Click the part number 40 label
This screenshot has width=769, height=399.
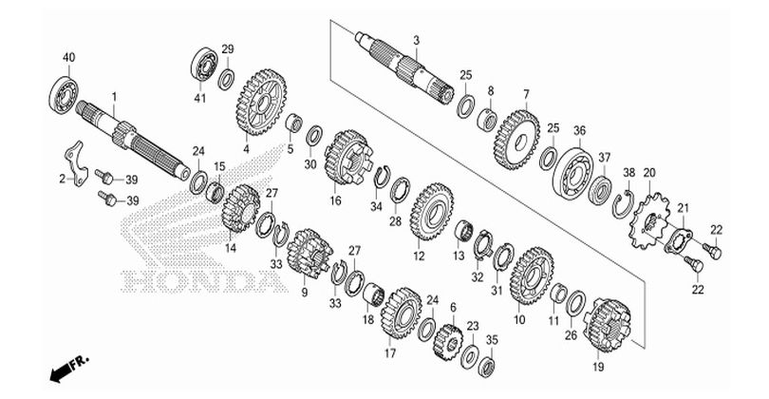click(68, 57)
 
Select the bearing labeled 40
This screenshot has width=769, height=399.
click(64, 95)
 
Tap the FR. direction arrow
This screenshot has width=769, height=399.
click(69, 368)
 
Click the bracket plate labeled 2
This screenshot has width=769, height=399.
click(76, 163)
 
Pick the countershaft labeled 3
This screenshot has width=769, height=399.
click(404, 68)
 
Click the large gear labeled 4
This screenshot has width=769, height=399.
click(261, 102)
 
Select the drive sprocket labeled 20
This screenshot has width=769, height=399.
click(647, 221)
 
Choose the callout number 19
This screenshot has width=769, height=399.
click(598, 367)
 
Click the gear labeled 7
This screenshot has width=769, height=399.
click(516, 140)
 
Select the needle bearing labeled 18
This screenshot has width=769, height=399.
click(374, 294)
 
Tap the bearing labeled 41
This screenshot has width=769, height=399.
click(204, 65)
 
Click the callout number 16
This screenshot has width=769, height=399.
click(335, 200)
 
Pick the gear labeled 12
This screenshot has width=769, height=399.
click(432, 212)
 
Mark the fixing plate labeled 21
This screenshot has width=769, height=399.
click(678, 241)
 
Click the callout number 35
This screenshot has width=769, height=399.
click(492, 339)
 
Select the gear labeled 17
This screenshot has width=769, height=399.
click(402, 313)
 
